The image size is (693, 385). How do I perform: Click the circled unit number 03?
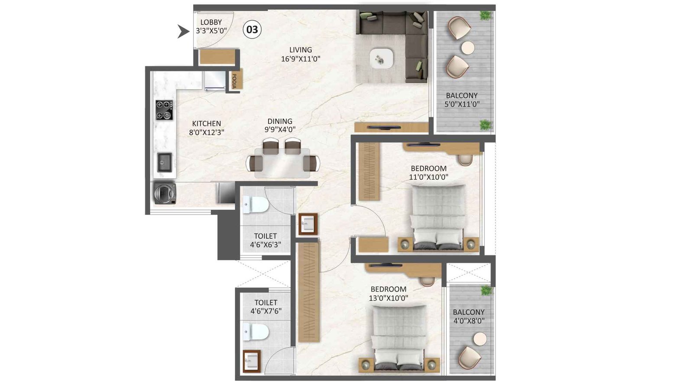(252, 29)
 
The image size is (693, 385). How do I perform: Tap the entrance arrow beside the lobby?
(184, 31)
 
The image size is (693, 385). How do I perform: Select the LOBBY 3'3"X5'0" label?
(211, 26)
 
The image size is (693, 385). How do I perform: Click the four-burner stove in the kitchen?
(164, 110)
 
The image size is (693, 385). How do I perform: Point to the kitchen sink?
(165, 162)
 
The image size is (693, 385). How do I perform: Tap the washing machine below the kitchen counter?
(165, 193)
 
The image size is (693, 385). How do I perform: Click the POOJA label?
(234, 81)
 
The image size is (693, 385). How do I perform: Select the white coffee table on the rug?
(382, 58)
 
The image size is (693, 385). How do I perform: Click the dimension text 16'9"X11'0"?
(301, 59)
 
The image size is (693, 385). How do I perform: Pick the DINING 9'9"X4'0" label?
(280, 125)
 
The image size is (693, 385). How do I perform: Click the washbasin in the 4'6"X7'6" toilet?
(251, 361)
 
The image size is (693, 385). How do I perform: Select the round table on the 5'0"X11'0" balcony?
(468, 48)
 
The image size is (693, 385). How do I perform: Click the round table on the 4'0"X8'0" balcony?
(480, 339)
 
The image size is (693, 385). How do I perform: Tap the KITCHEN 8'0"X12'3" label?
(207, 128)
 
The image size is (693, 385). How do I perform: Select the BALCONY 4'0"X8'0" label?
(469, 316)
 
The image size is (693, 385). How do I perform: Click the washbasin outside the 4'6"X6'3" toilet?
(308, 224)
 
